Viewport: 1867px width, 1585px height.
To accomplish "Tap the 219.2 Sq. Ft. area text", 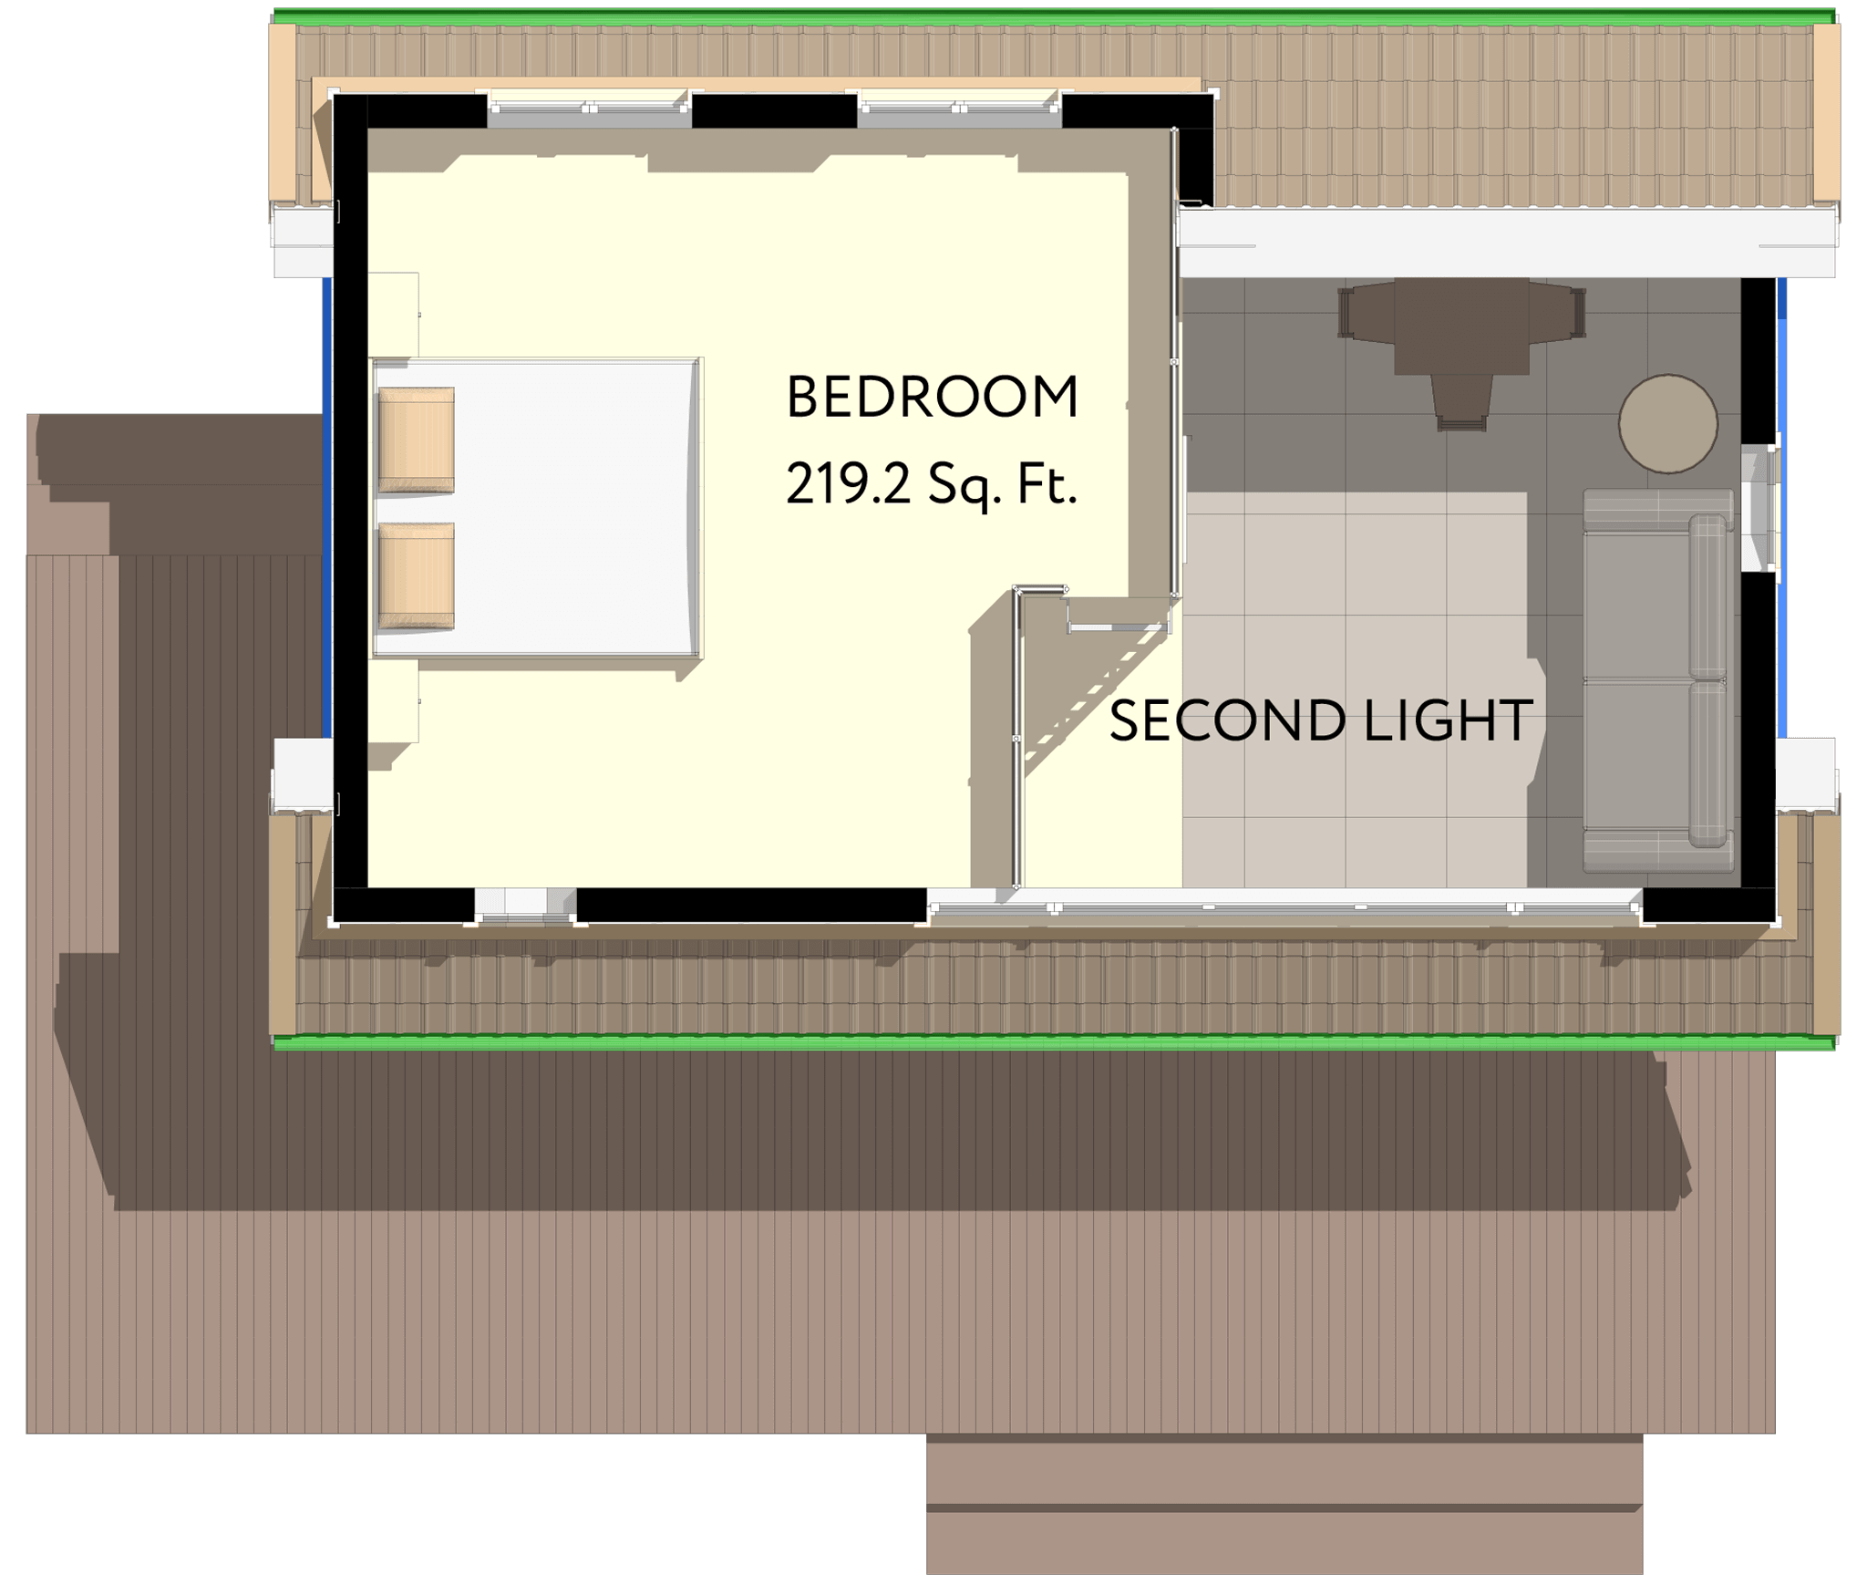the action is [932, 484].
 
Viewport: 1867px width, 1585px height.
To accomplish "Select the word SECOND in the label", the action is [1227, 720].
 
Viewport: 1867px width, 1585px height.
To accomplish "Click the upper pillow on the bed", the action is [416, 440].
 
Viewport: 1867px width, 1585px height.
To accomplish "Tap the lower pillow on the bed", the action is [416, 575].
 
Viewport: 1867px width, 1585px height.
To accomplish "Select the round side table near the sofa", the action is [1668, 423].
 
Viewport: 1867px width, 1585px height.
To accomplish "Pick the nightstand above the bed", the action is [393, 315].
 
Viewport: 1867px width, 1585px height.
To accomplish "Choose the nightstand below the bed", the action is [393, 700].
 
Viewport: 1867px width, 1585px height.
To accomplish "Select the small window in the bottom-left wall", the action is [525, 905].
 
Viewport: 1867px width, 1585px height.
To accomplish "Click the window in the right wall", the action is [1759, 508].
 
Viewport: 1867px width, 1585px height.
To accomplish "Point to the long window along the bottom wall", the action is [1284, 906].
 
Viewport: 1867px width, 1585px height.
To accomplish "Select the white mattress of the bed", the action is [535, 507].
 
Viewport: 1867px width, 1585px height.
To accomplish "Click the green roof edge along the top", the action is [1055, 16].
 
